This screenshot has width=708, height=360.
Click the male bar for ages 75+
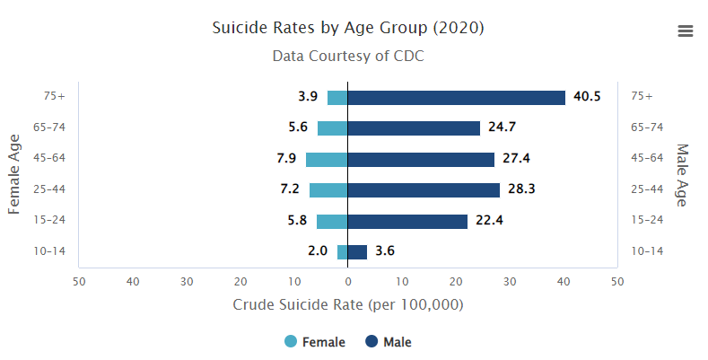pyautogui.click(x=456, y=97)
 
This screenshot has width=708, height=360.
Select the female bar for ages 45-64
pyautogui.click(x=327, y=159)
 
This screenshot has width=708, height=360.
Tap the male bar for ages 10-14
pyautogui.click(x=357, y=251)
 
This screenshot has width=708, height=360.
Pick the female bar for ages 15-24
pyautogui.click(x=332, y=221)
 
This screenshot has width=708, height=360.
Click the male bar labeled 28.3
pyautogui.click(x=424, y=190)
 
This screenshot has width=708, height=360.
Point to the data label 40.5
pyautogui.click(x=587, y=97)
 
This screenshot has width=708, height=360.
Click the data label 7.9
pyautogui.click(x=286, y=159)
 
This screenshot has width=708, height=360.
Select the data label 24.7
pyautogui.click(x=503, y=127)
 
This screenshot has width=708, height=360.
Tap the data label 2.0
pyautogui.click(x=318, y=251)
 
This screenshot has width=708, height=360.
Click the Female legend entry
pyautogui.click(x=314, y=342)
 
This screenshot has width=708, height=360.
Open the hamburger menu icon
pyautogui.click(x=686, y=31)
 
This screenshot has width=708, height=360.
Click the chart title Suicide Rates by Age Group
pyautogui.click(x=348, y=28)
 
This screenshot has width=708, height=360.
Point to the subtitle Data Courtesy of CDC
pyautogui.click(x=348, y=56)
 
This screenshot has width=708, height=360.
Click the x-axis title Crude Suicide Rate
pyautogui.click(x=348, y=305)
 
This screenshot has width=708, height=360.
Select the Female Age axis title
pyautogui.click(x=14, y=174)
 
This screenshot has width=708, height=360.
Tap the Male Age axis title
pyautogui.click(x=682, y=174)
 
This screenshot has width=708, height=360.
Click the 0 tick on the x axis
pyautogui.click(x=348, y=282)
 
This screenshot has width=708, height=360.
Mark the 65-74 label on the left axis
pyautogui.click(x=48, y=127)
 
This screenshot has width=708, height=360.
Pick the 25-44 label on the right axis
pyautogui.click(x=647, y=189)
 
